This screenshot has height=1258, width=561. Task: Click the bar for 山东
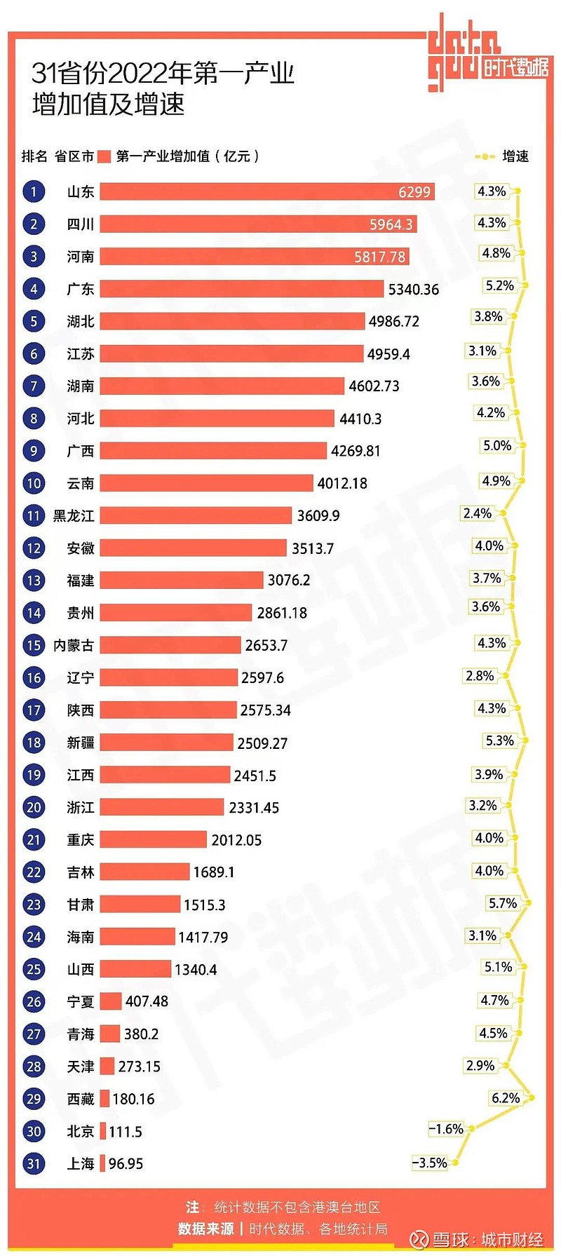[266, 191]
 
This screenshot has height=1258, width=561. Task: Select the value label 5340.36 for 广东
[414, 290]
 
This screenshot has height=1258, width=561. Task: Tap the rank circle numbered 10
[34, 483]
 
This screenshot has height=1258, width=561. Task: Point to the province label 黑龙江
[74, 516]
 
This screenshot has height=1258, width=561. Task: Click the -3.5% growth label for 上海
[430, 1163]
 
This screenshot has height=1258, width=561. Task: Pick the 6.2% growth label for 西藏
[506, 1097]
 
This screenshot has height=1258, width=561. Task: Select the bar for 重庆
[153, 839]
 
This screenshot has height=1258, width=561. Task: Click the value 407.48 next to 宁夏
[147, 1001]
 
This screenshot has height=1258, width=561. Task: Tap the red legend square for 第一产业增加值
[104, 156]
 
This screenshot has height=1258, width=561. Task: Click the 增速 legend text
[515, 156]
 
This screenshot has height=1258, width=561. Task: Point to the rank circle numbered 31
[34, 1163]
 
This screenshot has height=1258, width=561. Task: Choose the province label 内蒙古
[74, 645]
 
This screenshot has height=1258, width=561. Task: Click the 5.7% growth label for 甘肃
[503, 903]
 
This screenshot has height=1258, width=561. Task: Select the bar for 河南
[254, 257]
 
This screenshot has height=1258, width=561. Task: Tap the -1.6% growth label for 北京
[447, 1129]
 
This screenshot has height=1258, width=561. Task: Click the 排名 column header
[34, 156]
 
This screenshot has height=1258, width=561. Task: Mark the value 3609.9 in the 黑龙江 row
[318, 516]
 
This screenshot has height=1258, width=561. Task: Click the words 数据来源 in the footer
[205, 1229]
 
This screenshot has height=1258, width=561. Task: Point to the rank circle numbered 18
[34, 743]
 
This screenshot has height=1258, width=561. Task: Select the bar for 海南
[137, 937]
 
